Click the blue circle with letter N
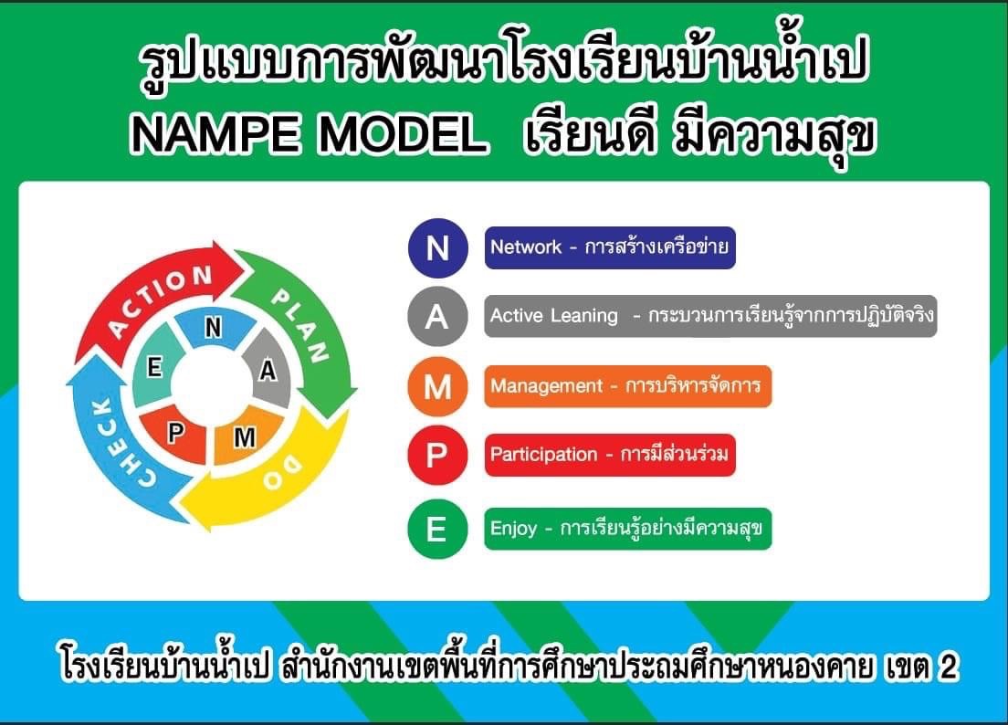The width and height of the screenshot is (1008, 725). [x=437, y=247]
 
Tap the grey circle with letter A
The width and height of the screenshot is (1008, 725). [x=437, y=316]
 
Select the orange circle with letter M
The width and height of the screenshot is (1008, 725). [x=437, y=386]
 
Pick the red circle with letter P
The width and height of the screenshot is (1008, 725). [x=437, y=455]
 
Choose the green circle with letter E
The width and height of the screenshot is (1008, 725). [x=437, y=529]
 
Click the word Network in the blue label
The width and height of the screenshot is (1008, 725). [x=526, y=247]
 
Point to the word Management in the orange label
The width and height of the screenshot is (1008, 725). [x=546, y=386]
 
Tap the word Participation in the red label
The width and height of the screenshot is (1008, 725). [x=544, y=455]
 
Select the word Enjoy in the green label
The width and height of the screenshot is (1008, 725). [x=513, y=529]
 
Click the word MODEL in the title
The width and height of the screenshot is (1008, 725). [x=403, y=135]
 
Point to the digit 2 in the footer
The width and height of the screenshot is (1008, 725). [x=947, y=667]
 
